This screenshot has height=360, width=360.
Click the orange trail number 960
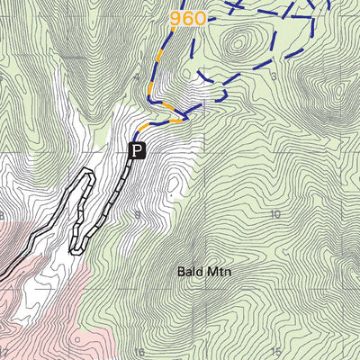(x=188, y=17)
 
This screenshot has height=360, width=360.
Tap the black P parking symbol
(x=137, y=150)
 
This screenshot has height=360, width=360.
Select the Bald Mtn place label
(x=199, y=269)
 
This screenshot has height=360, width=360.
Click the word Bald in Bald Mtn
(x=188, y=269)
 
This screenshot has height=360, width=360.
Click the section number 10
(x=274, y=214)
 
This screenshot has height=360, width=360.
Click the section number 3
(x=270, y=76)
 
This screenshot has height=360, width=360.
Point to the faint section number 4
(x=138, y=77)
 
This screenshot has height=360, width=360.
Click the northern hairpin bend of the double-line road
(x=88, y=173)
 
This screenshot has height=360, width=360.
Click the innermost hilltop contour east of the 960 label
(x=238, y=40)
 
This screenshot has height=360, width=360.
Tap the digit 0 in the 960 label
(x=199, y=17)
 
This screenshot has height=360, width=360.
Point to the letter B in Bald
(x=180, y=269)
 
